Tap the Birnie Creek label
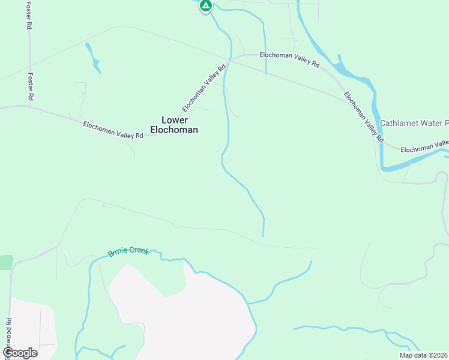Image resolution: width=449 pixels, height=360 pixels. tap(128, 251)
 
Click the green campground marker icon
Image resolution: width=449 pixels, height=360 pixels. tap(205, 6)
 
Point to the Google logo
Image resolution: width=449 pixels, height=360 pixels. tap(20, 353)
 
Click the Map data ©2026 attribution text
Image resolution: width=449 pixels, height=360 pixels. tap(423, 355)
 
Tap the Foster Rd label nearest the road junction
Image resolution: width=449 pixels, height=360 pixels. tap(31, 86)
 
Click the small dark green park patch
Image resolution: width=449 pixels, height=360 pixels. tap(5, 262)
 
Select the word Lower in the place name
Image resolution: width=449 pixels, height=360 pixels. tap(175, 120)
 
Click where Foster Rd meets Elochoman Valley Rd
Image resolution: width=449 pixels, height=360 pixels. tap(30, 107)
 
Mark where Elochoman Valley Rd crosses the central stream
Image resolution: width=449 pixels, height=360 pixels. tap(228, 61)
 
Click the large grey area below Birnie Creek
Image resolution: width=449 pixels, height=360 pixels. tap(180, 318)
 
